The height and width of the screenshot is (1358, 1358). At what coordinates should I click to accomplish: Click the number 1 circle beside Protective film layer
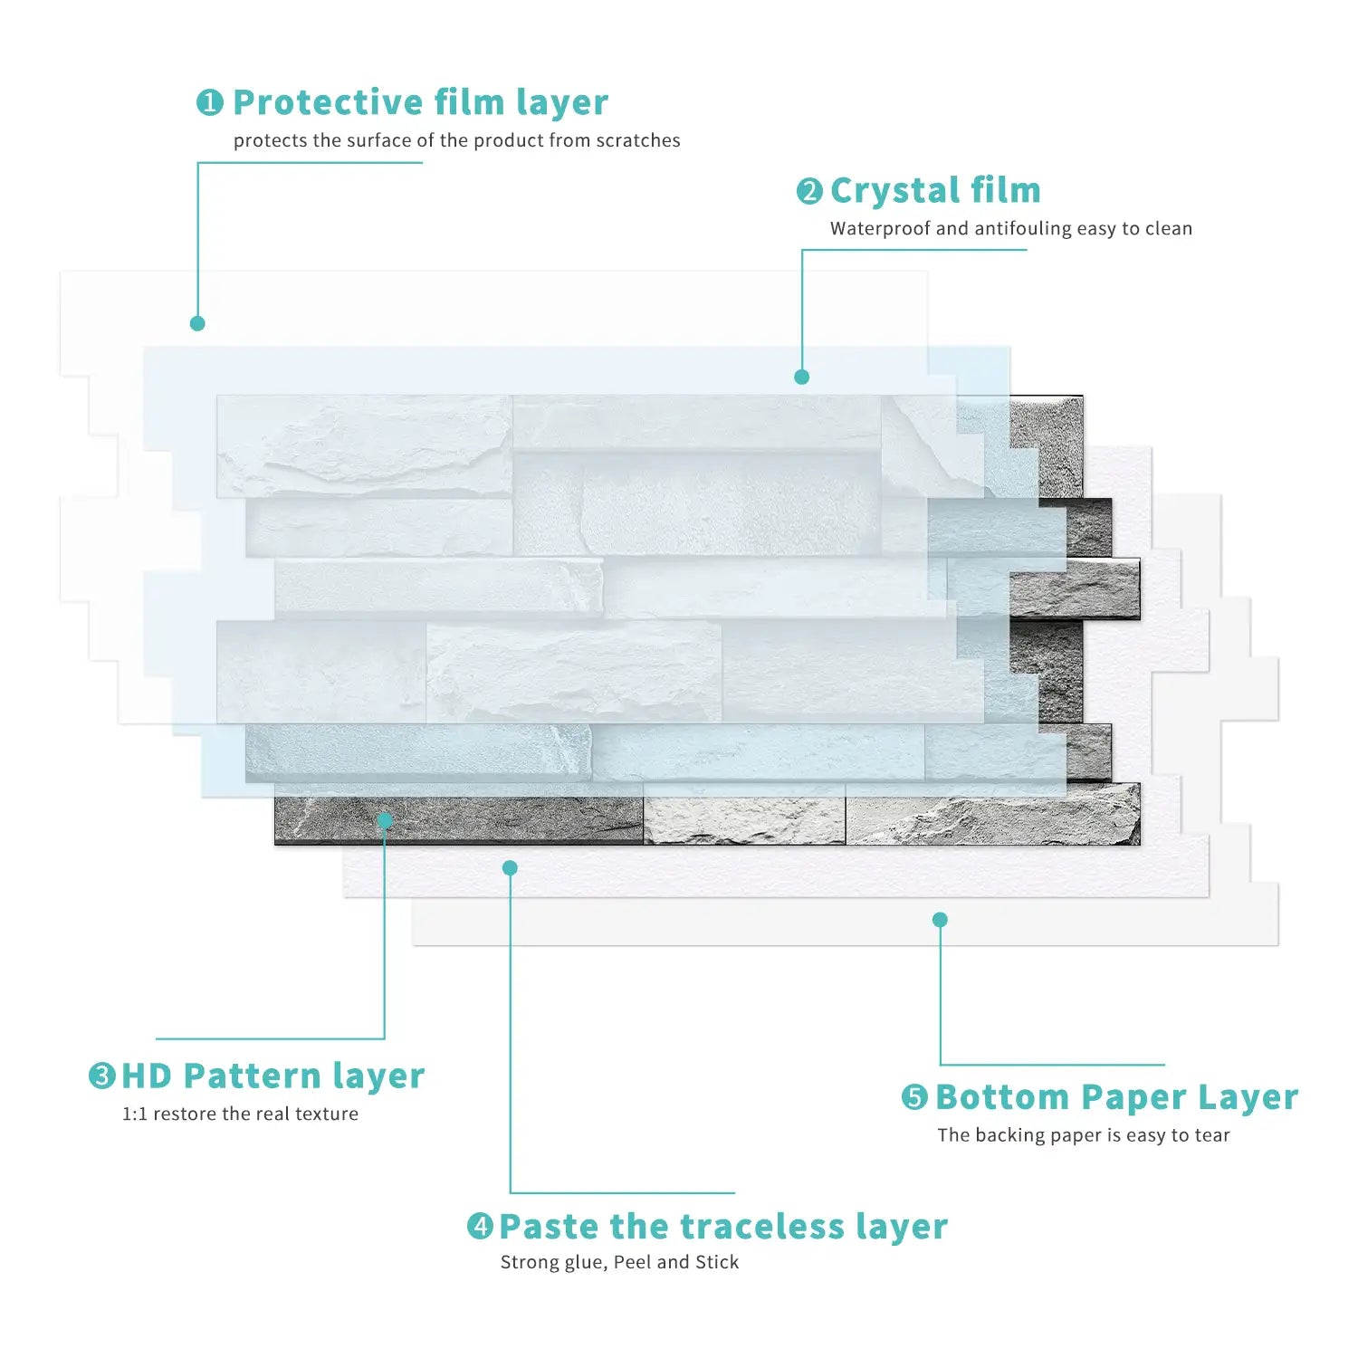pos(209,102)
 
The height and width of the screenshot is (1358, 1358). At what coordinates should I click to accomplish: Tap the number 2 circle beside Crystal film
pos(809,191)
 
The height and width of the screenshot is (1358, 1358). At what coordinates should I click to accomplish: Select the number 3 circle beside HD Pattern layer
pos(101,1076)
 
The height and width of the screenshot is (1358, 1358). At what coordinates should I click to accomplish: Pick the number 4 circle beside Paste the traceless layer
pos(480,1227)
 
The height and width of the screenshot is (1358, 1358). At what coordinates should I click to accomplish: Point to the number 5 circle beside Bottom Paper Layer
pos(914,1097)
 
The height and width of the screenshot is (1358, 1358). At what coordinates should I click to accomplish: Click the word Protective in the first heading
pos(328,102)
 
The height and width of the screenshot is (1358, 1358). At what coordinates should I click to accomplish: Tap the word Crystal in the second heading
pos(894,191)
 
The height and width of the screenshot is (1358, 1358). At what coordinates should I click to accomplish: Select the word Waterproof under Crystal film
pos(879,228)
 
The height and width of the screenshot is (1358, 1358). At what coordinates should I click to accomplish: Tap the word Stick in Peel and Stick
pos(717,1262)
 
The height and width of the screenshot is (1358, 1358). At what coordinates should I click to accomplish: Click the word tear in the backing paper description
pos(1211,1135)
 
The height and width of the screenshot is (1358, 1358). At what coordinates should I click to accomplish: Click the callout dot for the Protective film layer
pos(197,323)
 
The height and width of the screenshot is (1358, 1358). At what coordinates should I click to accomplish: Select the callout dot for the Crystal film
pos(801,377)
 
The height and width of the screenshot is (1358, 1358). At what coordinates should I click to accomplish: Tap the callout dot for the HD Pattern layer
pos(385,821)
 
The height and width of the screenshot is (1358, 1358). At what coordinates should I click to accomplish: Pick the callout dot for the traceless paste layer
pos(510,868)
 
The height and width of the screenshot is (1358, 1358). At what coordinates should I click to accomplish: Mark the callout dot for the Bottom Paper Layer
pos(940,920)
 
